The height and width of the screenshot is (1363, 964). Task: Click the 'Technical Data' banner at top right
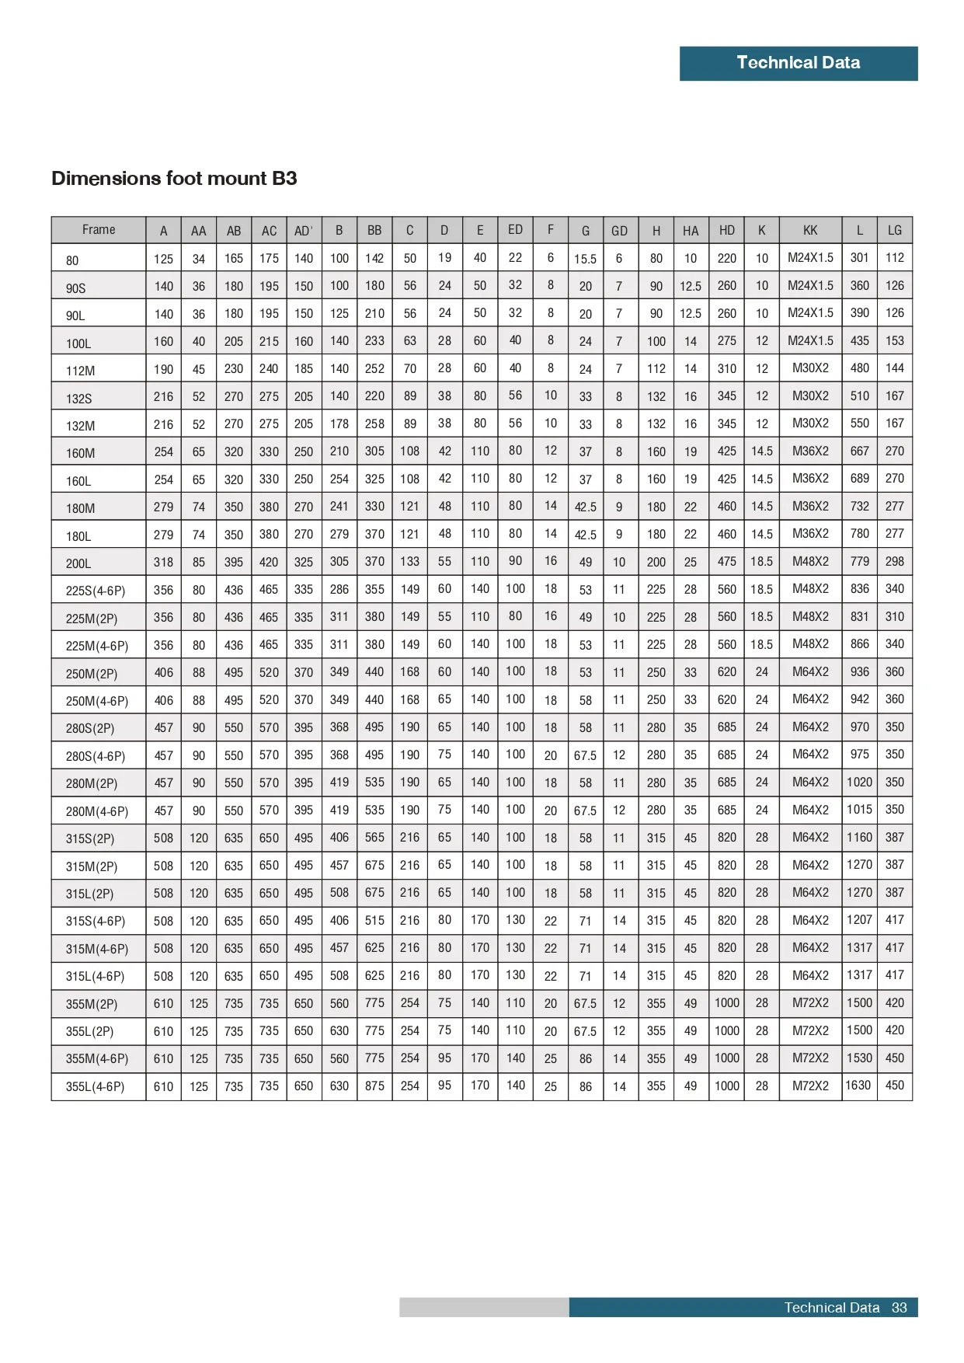click(x=798, y=63)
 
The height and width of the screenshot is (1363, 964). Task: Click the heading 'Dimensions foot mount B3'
click(x=174, y=179)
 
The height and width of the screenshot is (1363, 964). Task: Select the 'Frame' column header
click(x=99, y=230)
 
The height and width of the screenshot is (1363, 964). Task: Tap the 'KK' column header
click(x=810, y=230)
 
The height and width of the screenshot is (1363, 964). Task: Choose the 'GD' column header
click(x=619, y=231)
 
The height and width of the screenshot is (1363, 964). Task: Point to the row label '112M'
click(x=80, y=371)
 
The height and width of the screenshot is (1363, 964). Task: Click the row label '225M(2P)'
click(x=92, y=619)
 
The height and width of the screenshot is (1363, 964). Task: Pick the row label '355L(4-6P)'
click(x=95, y=1086)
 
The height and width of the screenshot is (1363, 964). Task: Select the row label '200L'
click(x=78, y=563)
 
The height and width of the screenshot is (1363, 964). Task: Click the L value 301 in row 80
click(x=859, y=257)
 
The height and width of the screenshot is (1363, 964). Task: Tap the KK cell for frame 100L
click(x=810, y=340)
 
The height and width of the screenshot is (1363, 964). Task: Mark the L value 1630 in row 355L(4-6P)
click(x=858, y=1085)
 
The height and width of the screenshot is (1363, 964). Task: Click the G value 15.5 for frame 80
click(x=585, y=259)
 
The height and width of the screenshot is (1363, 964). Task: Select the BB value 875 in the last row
click(x=374, y=1086)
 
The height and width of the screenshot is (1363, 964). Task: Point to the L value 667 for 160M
click(x=859, y=451)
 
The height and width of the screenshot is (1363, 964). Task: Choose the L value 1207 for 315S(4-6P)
click(x=859, y=919)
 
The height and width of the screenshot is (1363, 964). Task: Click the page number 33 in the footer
click(x=899, y=1308)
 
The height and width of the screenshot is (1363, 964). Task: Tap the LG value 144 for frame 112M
click(x=894, y=368)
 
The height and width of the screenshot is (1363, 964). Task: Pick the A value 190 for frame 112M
click(x=163, y=369)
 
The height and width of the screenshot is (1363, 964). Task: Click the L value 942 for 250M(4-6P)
click(x=859, y=699)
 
